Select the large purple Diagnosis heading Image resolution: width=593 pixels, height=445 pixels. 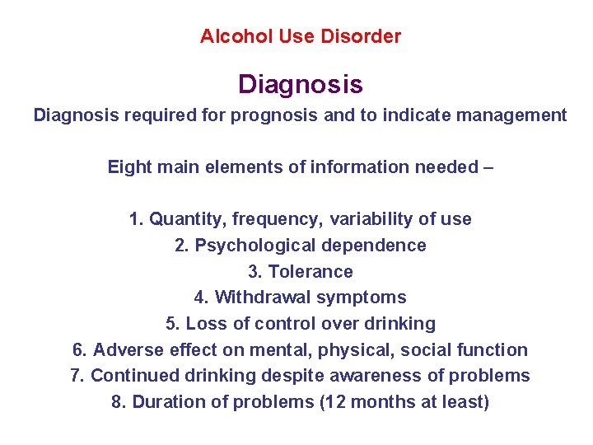tap(300, 84)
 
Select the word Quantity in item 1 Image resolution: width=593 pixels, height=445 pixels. tap(187, 219)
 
